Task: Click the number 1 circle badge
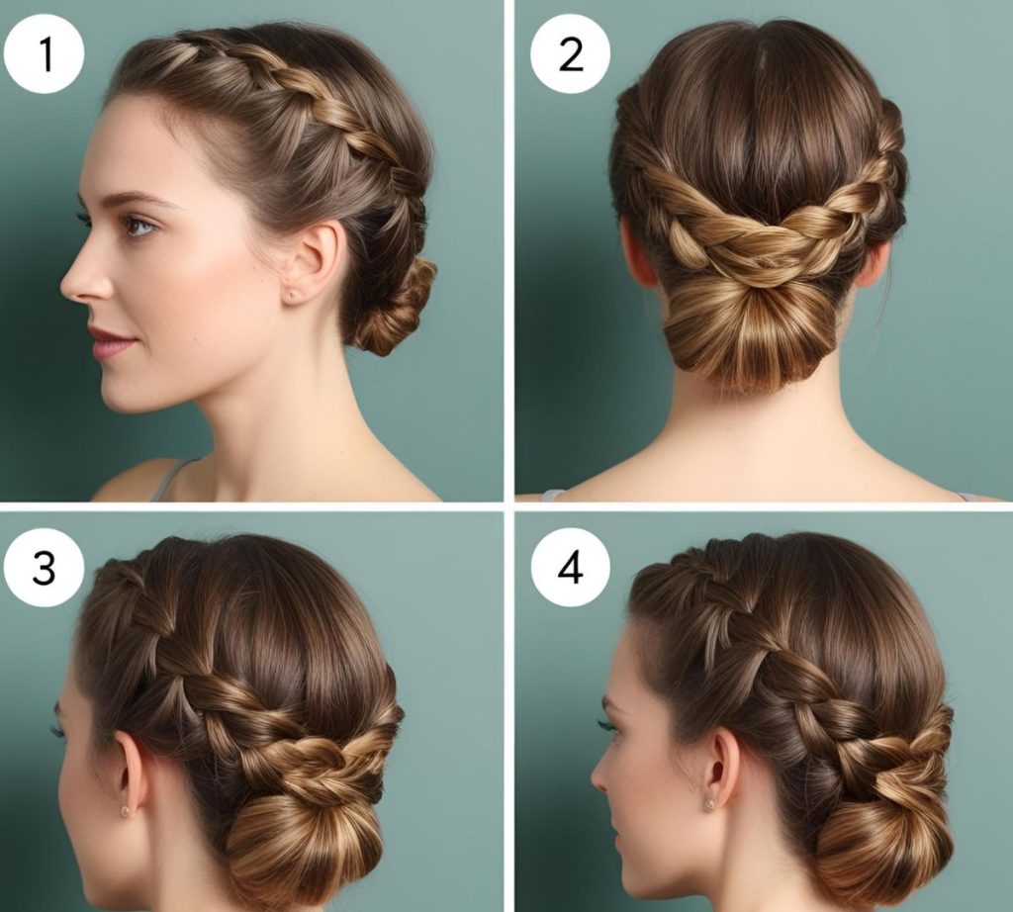click(x=44, y=54)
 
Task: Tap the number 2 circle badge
click(x=571, y=54)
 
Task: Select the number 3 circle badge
click(x=44, y=569)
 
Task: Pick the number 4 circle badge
click(x=571, y=569)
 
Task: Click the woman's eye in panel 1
click(x=138, y=227)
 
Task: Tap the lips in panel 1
click(x=110, y=342)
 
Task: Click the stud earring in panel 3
click(x=125, y=810)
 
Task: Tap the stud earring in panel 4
click(x=709, y=804)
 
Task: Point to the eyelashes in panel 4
click(x=607, y=725)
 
